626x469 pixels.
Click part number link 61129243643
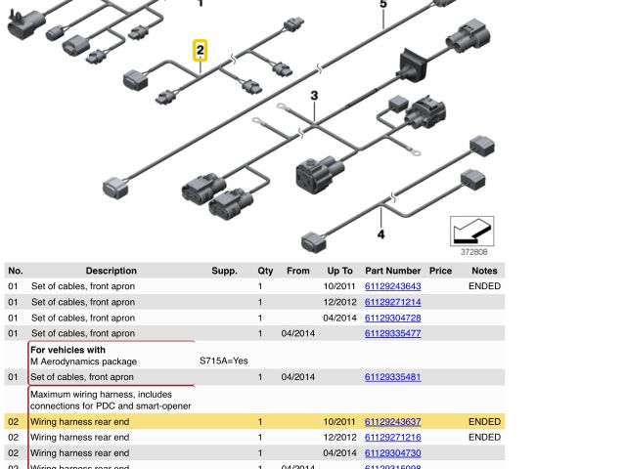(392, 286)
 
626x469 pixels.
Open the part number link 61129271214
(392, 302)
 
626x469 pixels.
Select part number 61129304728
(392, 318)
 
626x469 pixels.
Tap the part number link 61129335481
(392, 377)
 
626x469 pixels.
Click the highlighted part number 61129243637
(392, 422)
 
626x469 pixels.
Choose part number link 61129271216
(392, 438)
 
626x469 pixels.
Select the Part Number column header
(392, 271)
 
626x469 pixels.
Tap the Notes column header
(484, 271)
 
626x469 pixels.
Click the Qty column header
(265, 271)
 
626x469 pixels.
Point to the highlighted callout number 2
(201, 50)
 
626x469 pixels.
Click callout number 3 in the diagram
(314, 96)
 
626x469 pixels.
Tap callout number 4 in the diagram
(380, 234)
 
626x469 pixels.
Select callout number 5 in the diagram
(383, 5)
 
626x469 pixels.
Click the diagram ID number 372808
(474, 251)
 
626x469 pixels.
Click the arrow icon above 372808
(471, 231)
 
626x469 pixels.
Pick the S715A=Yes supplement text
(224, 361)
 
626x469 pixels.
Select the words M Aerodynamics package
(83, 362)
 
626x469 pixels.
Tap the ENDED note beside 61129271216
(484, 438)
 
